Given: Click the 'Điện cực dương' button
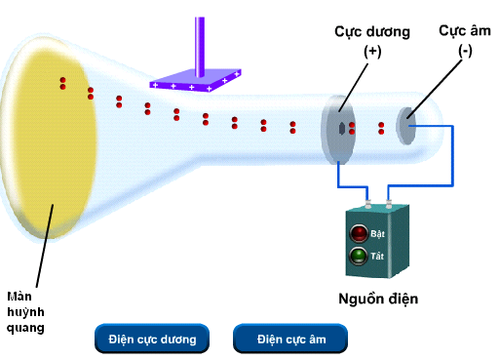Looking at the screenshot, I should pyautogui.click(x=152, y=339).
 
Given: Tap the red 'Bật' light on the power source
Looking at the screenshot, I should pyautogui.click(x=359, y=233).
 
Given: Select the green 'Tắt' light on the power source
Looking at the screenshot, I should pyautogui.click(x=359, y=257).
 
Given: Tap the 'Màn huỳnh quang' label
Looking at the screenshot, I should pyautogui.click(x=26, y=311).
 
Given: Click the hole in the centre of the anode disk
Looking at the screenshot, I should pyautogui.click(x=340, y=128).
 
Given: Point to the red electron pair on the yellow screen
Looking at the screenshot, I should pyautogui.click(x=62, y=83).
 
